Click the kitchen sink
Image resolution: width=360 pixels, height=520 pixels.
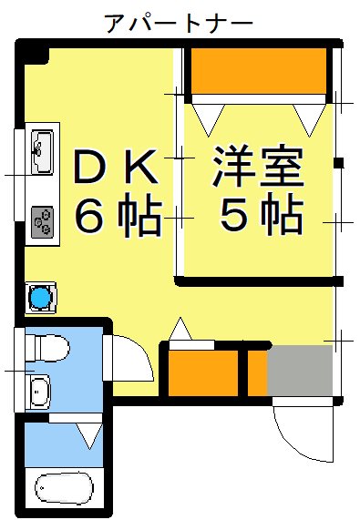(x=42, y=150)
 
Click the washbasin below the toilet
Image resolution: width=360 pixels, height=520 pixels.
(x=39, y=392)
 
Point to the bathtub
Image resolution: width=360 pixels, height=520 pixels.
(x=64, y=488)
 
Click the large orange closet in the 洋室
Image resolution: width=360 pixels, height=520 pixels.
(x=258, y=70)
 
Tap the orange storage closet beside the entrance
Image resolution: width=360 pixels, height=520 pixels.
(x=202, y=373)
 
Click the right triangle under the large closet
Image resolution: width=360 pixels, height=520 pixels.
(x=309, y=115)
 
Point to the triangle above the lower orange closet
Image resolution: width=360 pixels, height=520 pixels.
(x=180, y=330)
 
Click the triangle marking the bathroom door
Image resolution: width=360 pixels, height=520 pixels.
(x=90, y=434)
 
